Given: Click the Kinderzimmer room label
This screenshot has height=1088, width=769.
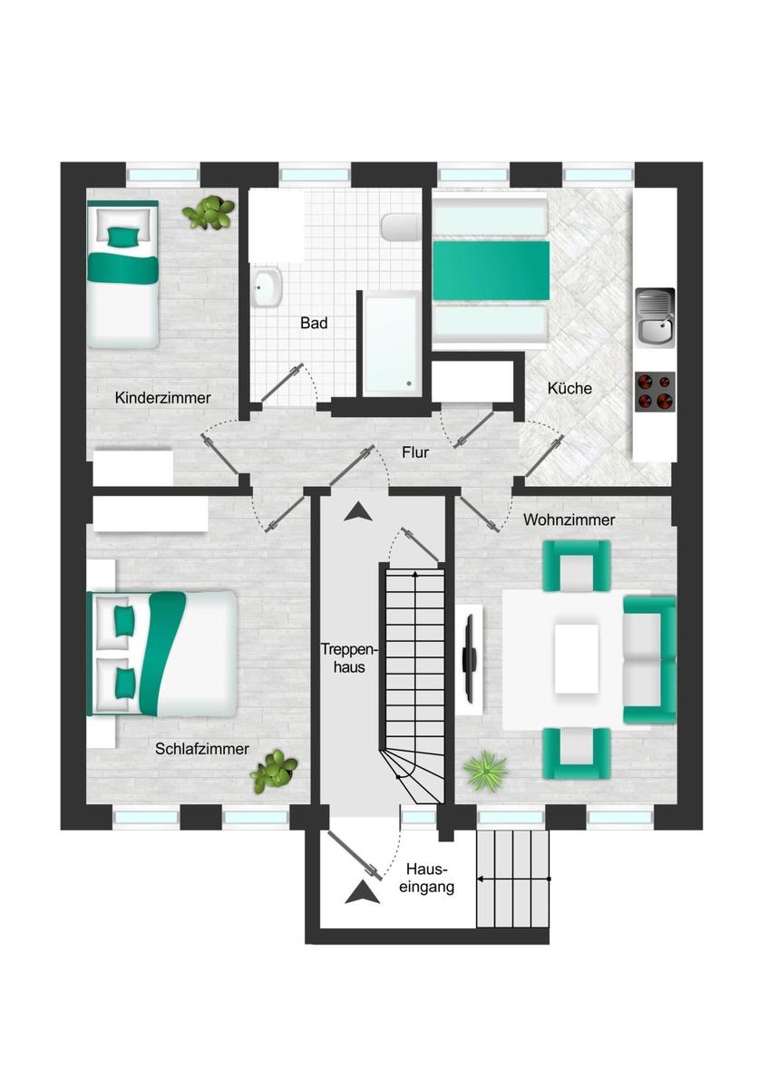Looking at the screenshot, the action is [162, 398].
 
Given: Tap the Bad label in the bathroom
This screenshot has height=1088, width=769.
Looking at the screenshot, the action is [314, 323].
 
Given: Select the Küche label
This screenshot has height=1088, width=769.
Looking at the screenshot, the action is [569, 389].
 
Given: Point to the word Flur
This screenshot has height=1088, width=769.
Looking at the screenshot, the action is [415, 452].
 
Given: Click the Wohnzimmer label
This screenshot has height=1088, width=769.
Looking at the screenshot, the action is [569, 520].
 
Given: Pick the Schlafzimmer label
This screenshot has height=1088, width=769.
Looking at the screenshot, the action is [202, 749].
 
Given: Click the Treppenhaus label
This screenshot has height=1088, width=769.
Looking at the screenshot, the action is [349, 658].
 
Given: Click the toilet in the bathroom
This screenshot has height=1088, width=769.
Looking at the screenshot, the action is [400, 227].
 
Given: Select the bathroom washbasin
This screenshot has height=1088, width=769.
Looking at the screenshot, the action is [267, 287].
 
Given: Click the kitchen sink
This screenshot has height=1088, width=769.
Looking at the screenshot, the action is [656, 316].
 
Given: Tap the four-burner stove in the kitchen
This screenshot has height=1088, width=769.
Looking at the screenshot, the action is [656, 392].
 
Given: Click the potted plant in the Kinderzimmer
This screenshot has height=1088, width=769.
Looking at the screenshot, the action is [209, 212].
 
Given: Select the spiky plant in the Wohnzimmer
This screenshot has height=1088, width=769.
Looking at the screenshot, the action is [485, 771].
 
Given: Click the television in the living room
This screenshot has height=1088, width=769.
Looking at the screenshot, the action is [469, 659].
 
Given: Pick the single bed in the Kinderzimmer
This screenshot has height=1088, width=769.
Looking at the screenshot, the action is [123, 274].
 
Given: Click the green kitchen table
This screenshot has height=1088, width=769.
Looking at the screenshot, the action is [491, 270].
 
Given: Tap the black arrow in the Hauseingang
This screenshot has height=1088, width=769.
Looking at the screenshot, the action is [362, 892].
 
